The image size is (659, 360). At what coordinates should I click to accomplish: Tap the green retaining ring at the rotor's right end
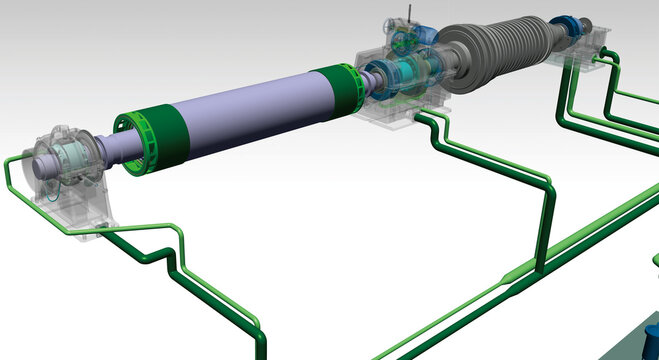tap(336, 89)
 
